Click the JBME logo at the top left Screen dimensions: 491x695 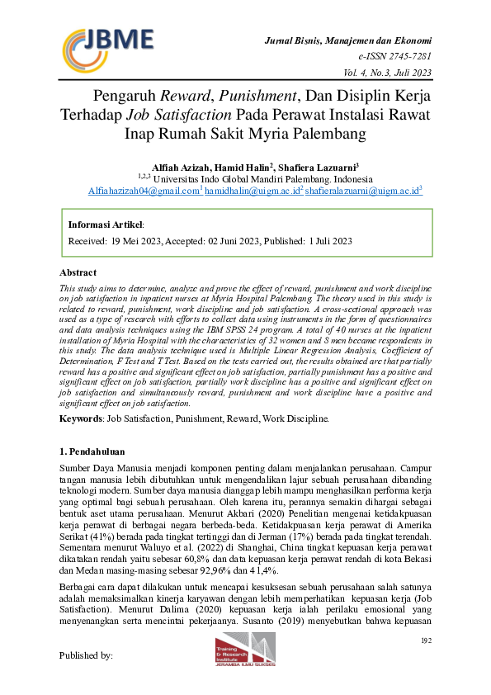(107, 45)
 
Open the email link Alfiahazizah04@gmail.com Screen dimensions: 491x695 (144, 190)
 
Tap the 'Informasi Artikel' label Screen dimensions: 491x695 (105, 224)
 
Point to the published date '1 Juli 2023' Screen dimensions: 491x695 (331, 241)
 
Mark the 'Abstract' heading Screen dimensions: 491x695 (79, 272)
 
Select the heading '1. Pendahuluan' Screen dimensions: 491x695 (93, 452)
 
